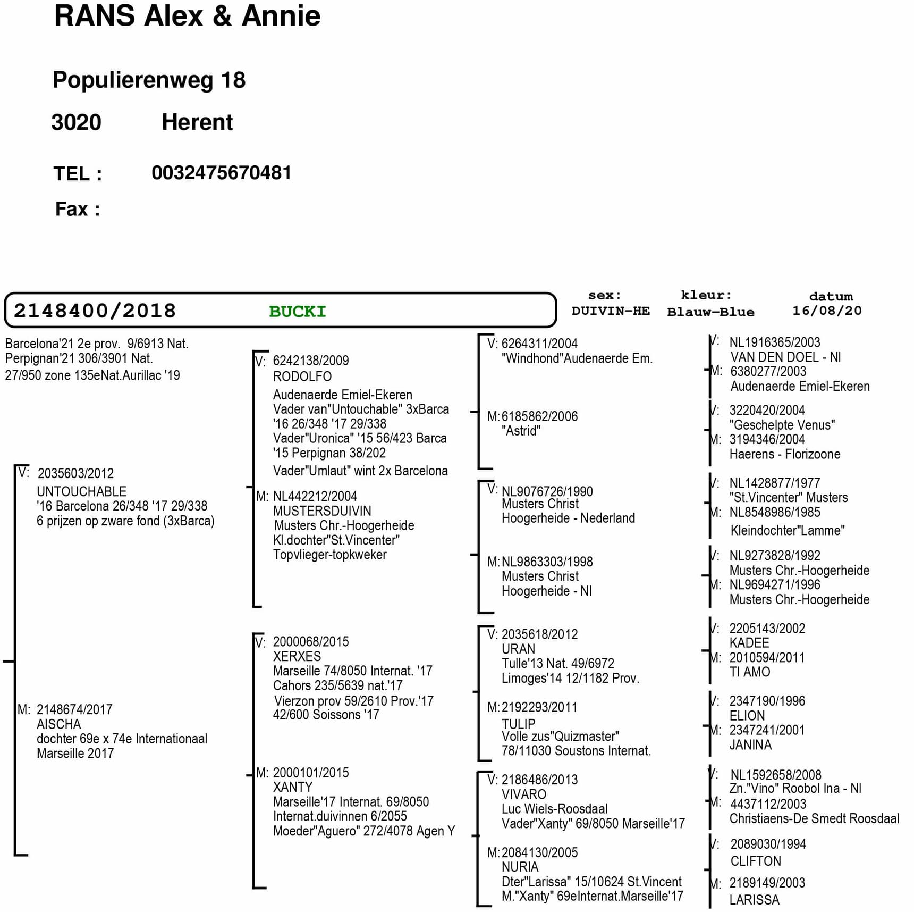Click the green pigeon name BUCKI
(x=298, y=312)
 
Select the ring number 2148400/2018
(x=95, y=311)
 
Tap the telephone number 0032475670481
(x=222, y=173)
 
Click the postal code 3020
(x=76, y=122)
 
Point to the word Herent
(x=197, y=122)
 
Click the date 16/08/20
(x=827, y=311)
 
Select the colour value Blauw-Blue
(x=710, y=312)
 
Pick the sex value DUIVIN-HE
(x=611, y=311)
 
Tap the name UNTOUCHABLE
(x=82, y=491)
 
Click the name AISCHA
(x=59, y=724)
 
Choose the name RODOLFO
(x=302, y=376)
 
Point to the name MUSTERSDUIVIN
(x=322, y=511)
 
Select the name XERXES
(x=297, y=656)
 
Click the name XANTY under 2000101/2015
(x=293, y=787)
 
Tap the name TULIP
(x=519, y=724)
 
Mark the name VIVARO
(x=524, y=794)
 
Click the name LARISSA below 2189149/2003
(x=755, y=900)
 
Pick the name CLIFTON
(x=756, y=861)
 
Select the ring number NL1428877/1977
(x=775, y=483)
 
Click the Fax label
(x=78, y=209)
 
